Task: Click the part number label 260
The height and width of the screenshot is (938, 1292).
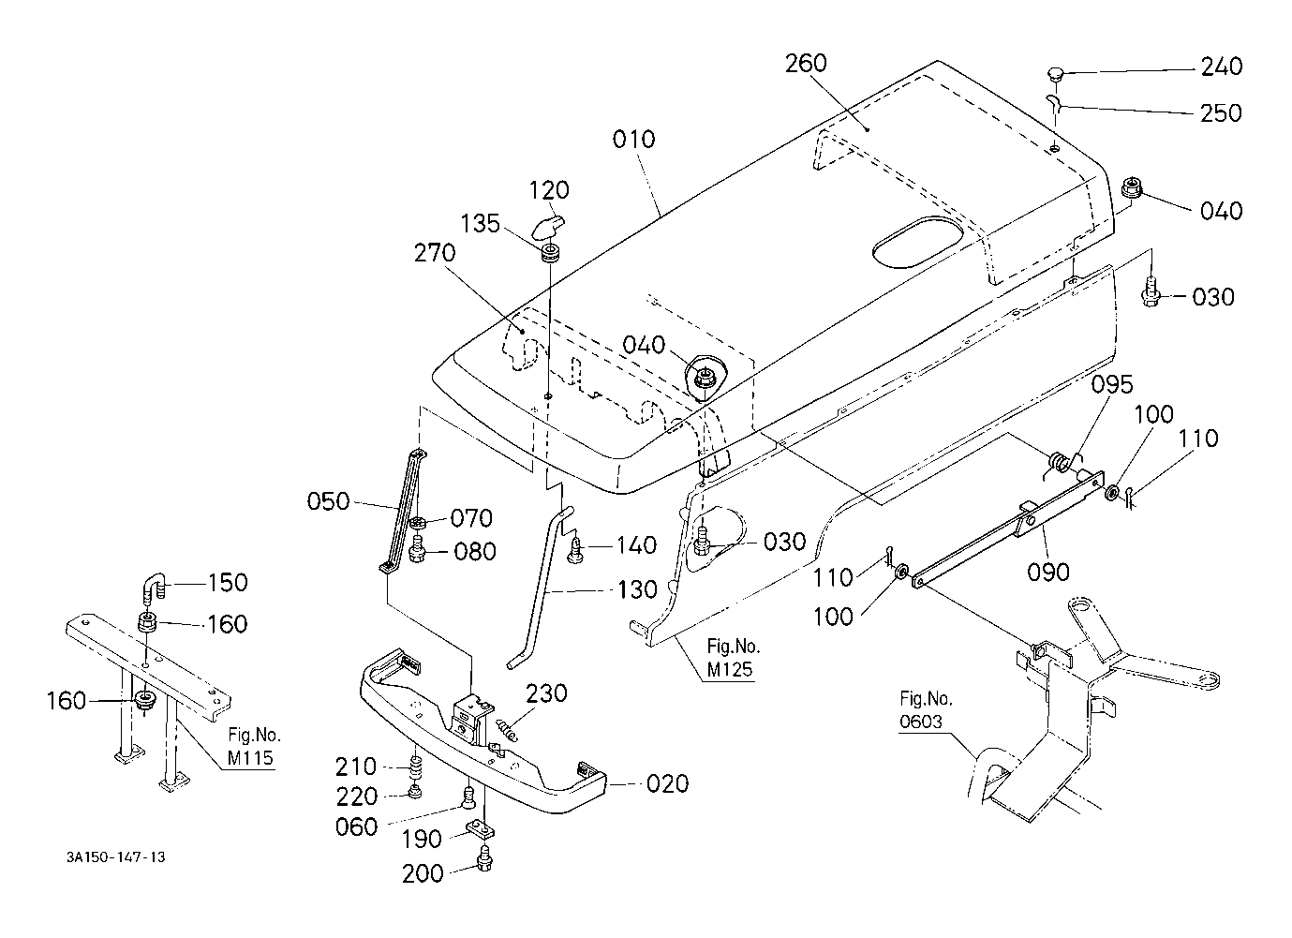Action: (x=806, y=63)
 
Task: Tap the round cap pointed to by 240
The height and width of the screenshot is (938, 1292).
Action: (x=1056, y=74)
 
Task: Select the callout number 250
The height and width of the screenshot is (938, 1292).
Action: (x=1221, y=113)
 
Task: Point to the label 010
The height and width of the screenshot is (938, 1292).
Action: (x=634, y=139)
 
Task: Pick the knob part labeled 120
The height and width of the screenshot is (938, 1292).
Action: (x=547, y=227)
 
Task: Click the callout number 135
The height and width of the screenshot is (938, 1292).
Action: (x=480, y=223)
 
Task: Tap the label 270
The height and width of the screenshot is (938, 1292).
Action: (x=435, y=253)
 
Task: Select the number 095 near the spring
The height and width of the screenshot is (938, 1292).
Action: (x=1112, y=384)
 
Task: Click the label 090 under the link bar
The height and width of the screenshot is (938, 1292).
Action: (x=1048, y=572)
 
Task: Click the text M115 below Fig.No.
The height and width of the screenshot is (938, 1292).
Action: (x=250, y=758)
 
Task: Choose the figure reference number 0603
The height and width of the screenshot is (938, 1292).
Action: (x=921, y=722)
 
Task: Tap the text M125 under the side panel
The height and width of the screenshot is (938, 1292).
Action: (x=730, y=669)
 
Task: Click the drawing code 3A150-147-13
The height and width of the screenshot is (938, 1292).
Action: (x=115, y=857)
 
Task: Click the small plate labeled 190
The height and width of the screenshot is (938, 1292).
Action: (x=480, y=830)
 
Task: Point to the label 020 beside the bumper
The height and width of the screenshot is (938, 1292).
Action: (x=667, y=783)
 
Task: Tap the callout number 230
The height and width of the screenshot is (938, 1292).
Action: (x=546, y=692)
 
